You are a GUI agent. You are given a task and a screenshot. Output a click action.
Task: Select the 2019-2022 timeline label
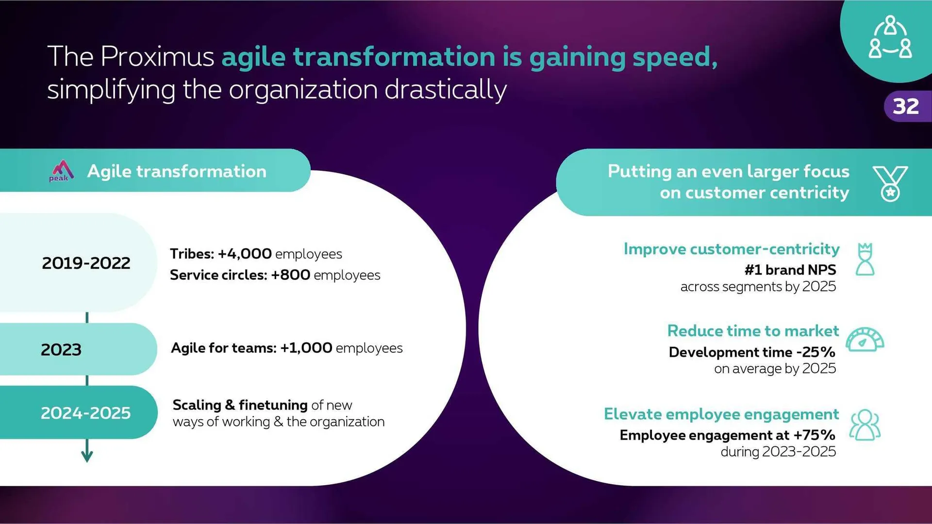coord(86,263)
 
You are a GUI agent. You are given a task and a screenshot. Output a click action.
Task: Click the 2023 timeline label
coord(61,349)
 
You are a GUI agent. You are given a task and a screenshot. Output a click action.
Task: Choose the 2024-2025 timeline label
coord(86,413)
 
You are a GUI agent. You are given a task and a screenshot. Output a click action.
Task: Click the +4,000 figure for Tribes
coord(245,254)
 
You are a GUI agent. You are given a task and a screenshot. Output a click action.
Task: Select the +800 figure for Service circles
coord(291,275)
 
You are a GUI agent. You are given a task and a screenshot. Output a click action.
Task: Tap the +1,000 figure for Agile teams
coord(306,348)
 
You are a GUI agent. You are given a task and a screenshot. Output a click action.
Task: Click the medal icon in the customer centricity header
coord(890,183)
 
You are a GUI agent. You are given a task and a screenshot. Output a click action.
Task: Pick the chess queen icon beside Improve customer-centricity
coord(865,260)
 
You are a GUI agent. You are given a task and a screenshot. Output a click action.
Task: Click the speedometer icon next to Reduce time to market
coord(865,339)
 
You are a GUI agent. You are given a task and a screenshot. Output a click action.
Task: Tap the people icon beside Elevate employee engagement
coord(865,425)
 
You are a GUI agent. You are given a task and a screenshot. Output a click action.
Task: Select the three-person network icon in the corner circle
coord(890,37)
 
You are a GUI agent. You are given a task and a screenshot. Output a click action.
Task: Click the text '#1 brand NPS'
coord(790,270)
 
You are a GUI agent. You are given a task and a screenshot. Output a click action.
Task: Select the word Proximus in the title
coord(157,57)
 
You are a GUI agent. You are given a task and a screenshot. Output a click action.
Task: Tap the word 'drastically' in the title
coord(446,90)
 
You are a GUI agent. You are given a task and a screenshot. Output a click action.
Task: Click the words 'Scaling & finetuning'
coord(240,405)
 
